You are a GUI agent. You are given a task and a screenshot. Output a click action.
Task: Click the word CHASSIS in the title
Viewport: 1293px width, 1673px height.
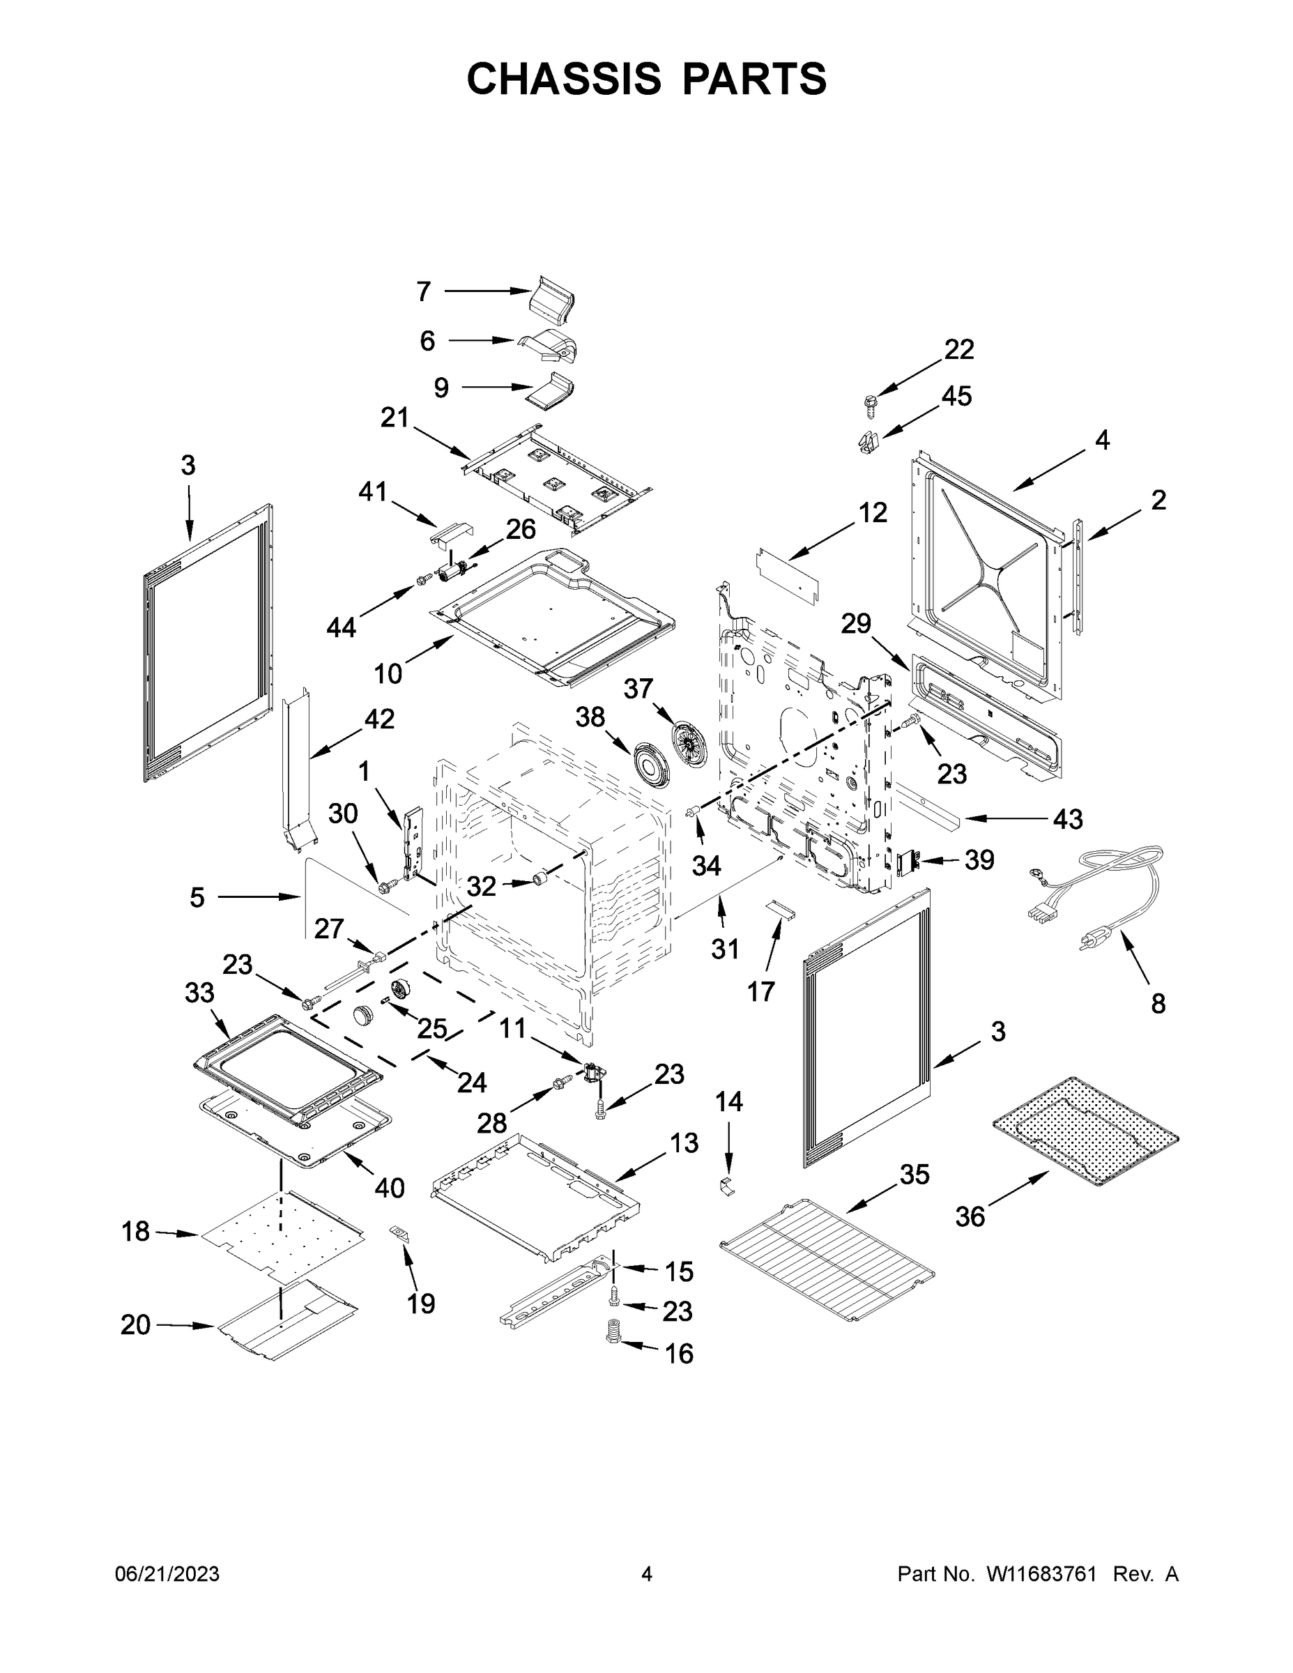(x=564, y=78)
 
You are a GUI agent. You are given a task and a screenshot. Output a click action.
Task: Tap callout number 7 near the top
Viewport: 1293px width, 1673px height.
(x=424, y=291)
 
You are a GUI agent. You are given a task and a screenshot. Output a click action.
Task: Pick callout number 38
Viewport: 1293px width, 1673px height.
(x=590, y=718)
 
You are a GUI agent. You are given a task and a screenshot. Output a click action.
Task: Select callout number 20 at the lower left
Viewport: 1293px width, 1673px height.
(x=136, y=1324)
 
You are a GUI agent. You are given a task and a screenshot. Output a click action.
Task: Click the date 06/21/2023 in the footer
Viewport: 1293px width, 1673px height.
(x=167, y=1574)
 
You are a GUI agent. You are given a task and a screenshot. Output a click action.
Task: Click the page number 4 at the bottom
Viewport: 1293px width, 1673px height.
(x=647, y=1574)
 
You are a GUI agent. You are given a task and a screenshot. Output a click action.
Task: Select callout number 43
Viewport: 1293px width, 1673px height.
(x=1067, y=820)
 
